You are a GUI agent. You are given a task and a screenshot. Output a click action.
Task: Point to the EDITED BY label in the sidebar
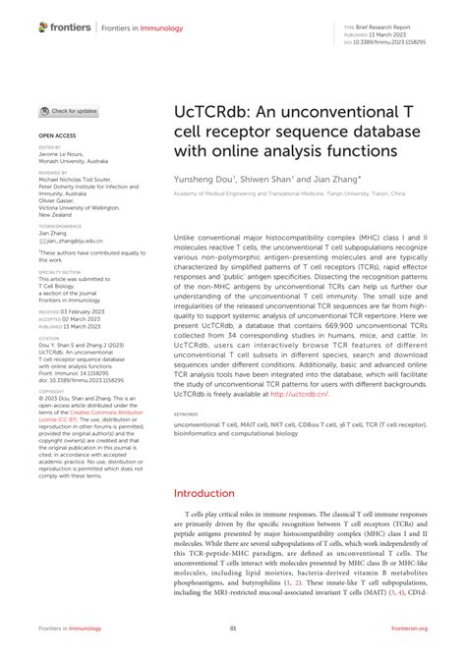point(50,147)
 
